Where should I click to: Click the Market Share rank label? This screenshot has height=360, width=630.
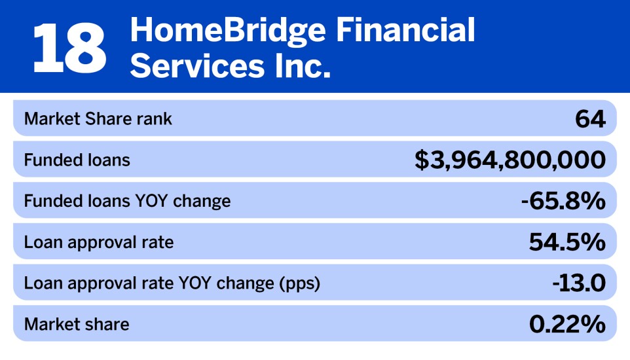[x=98, y=119]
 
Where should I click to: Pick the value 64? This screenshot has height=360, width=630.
[x=590, y=119]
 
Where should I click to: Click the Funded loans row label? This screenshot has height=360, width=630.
[x=77, y=160]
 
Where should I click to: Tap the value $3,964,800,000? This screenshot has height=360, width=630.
[x=510, y=160]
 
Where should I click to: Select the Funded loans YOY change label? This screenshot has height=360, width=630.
[x=127, y=201]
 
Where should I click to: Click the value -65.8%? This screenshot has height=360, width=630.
[x=563, y=202]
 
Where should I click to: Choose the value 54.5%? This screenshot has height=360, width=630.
[x=567, y=243]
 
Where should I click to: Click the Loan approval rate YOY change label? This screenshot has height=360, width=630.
[x=172, y=283]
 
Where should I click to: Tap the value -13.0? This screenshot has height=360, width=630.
[x=578, y=283]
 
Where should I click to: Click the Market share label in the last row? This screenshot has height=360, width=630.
[x=77, y=324]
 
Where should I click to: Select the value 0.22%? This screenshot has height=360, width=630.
[x=567, y=325]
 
